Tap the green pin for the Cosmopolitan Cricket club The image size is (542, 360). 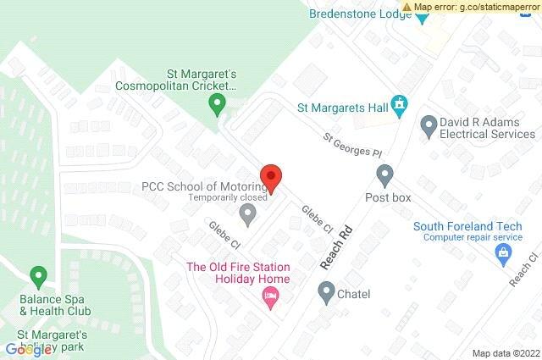coord(217,105)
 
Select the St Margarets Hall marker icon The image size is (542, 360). coord(401,108)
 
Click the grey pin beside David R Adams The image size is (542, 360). coord(429,126)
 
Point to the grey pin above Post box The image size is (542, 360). coord(385,175)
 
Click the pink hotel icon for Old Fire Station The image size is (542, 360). coord(271,296)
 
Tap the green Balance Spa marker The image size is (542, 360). coord(37,275)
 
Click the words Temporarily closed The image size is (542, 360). coord(228,198)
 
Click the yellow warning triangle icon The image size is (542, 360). coord(408,7)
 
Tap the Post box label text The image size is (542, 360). coord(388,197)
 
